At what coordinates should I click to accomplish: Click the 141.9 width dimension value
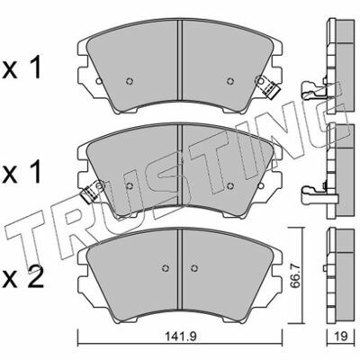click(x=179, y=337)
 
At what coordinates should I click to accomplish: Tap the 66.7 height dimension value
click(x=295, y=276)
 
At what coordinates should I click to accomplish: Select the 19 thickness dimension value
click(x=339, y=337)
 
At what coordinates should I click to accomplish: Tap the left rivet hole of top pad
click(x=130, y=81)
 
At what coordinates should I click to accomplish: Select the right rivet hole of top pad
click(x=230, y=81)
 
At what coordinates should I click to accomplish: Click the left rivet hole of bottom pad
click(x=166, y=268)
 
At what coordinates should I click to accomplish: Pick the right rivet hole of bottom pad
click(x=194, y=268)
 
